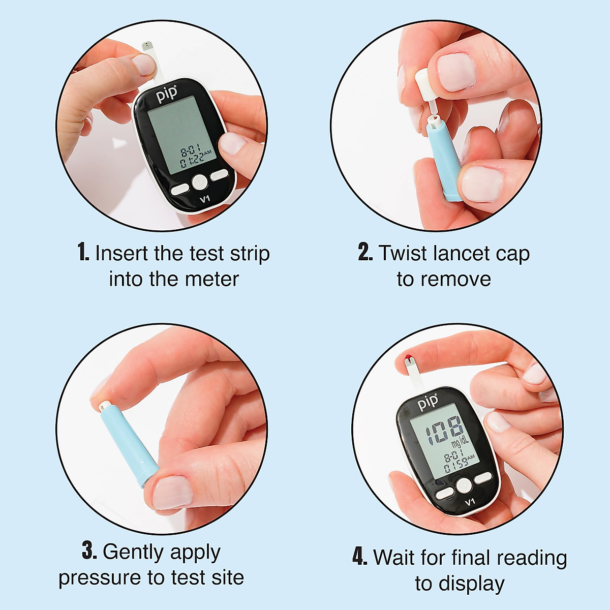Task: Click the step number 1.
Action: [x=83, y=253]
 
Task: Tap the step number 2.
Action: [x=365, y=253]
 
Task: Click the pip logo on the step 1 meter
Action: [x=167, y=94]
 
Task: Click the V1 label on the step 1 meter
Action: [x=204, y=199]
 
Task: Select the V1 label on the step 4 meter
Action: [x=470, y=502]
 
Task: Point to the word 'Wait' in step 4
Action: [x=394, y=557]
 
